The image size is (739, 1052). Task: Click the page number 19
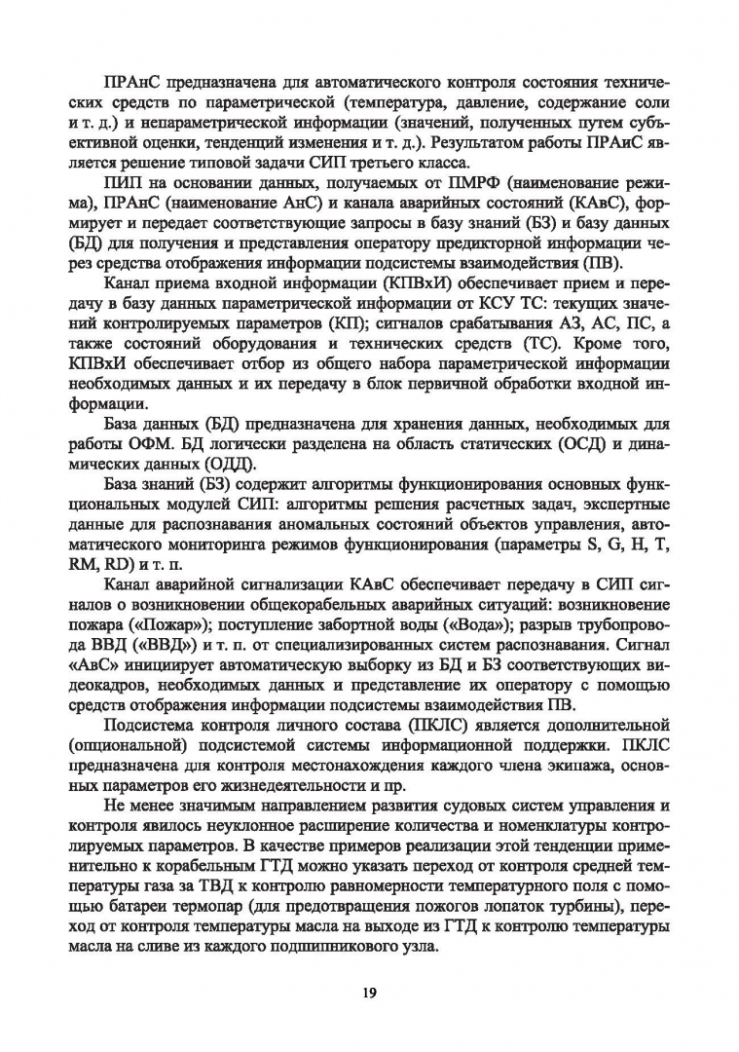pos(369,993)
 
